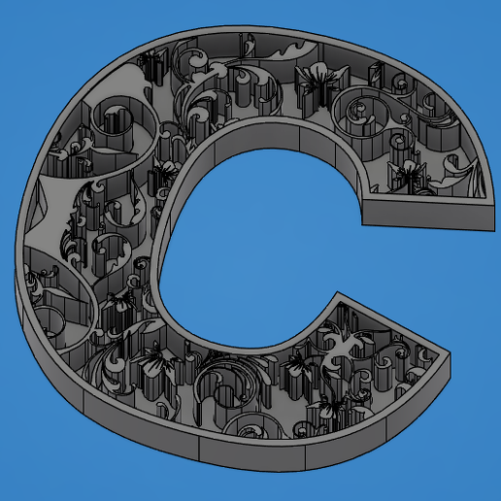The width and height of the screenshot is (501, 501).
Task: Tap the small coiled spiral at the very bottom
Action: (x=250, y=427)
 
